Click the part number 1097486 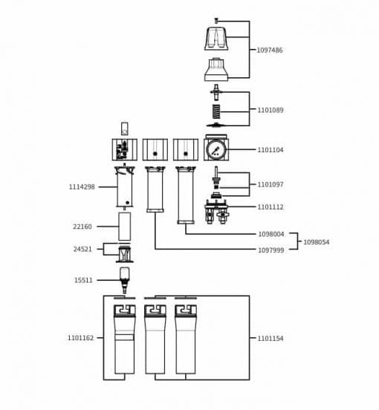(270, 50)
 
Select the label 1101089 (271, 110)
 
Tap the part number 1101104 (271, 150)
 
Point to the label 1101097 (271, 184)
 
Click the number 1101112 (271, 206)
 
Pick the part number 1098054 (317, 242)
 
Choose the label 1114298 (82, 187)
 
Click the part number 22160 (82, 227)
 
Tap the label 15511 (83, 280)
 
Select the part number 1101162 (80, 338)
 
